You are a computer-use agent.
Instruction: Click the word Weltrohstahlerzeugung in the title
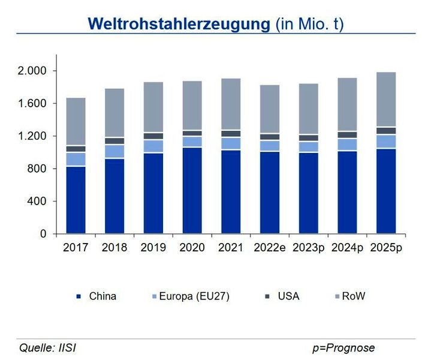[179, 24]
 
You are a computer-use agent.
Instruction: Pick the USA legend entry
[288, 296]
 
